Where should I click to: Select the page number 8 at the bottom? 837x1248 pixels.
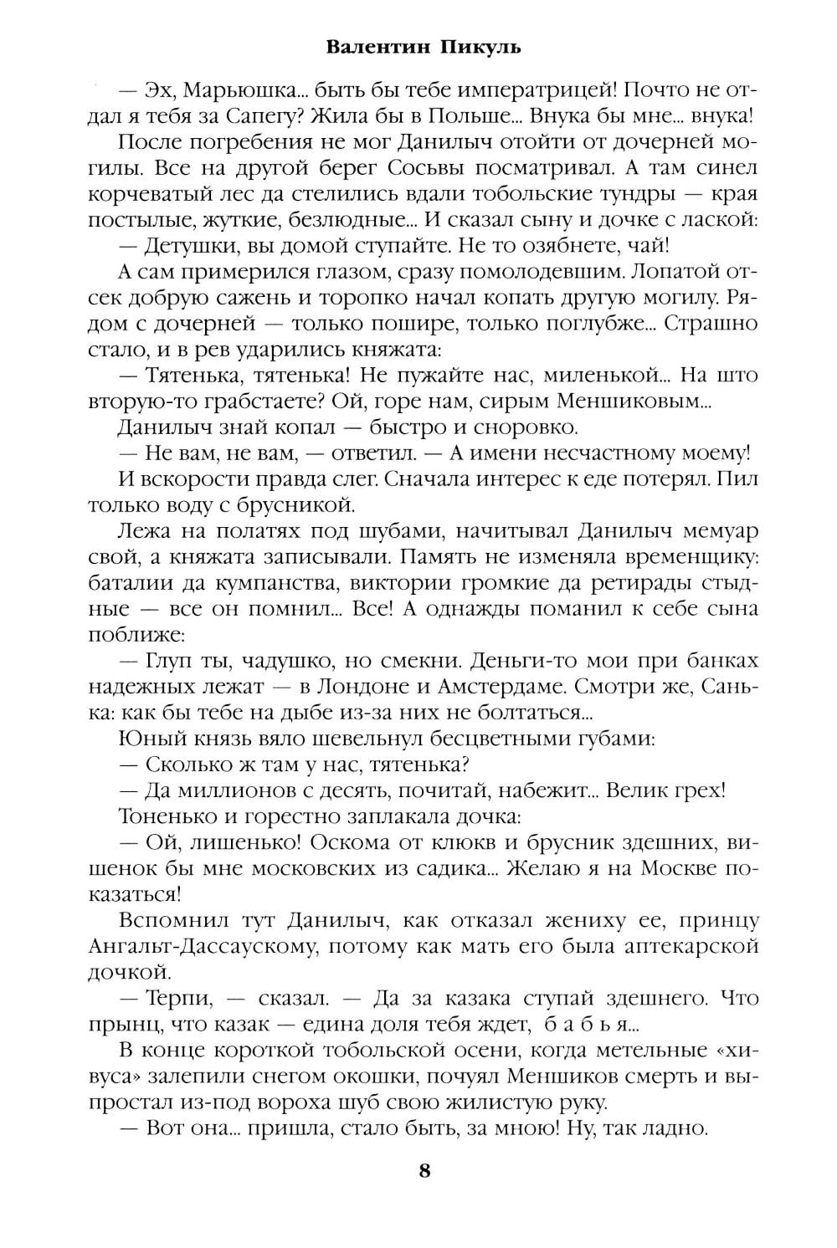point(424,1169)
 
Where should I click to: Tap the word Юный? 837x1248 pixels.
point(151,738)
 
